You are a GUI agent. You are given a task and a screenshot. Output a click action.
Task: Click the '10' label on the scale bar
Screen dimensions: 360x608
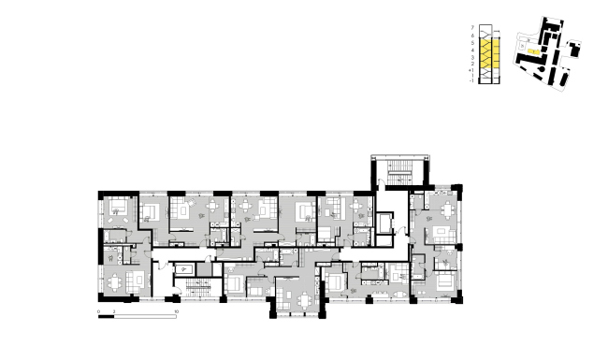[x=177, y=309]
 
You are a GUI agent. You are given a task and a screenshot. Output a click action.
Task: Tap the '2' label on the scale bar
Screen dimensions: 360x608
[x=114, y=309]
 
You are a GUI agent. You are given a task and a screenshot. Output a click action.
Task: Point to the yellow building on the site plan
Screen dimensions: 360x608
[x=530, y=40]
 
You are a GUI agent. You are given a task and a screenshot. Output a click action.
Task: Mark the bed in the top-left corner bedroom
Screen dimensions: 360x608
[x=121, y=208]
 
